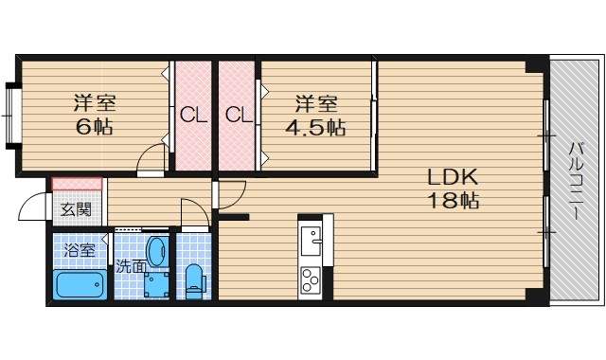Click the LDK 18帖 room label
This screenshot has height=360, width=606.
453,189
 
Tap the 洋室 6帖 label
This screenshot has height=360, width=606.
95,115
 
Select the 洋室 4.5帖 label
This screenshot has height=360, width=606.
315,116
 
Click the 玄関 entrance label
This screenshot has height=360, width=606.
76,209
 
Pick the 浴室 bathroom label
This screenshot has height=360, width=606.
80,250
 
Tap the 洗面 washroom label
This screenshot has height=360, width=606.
132,266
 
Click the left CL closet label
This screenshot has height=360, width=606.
193,115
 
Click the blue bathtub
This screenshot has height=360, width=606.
82,284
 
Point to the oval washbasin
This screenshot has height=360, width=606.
158,251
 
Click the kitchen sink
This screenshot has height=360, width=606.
311,241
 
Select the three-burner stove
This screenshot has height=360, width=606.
311,280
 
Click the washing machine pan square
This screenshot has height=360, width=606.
157,285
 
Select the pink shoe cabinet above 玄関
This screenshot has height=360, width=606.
77,184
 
